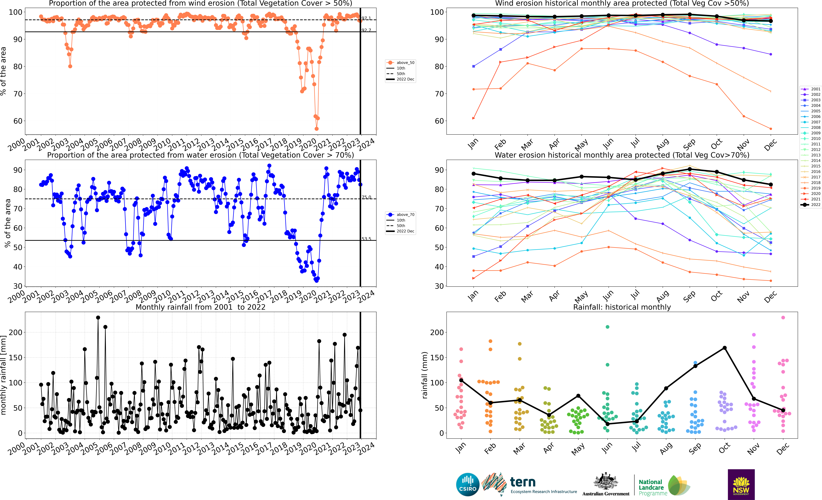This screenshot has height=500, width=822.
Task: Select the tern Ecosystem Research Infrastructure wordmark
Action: coord(543,485)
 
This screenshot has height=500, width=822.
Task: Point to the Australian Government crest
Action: coord(605,482)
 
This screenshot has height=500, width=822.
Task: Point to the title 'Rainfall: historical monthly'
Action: coord(622,307)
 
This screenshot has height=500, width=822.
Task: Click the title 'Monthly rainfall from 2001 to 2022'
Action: coord(200,307)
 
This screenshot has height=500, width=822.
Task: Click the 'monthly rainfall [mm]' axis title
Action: coord(4,375)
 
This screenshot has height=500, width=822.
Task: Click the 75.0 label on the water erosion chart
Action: coord(366,197)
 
